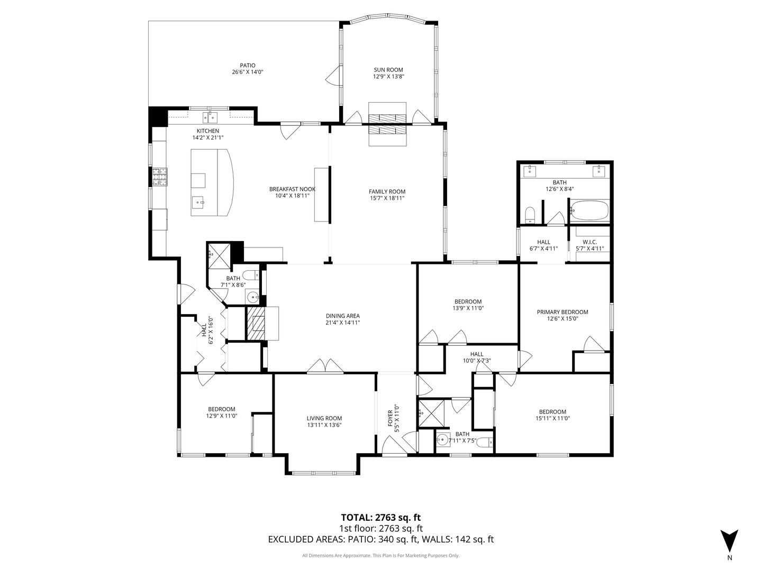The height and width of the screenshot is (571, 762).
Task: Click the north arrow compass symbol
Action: (x=729, y=540)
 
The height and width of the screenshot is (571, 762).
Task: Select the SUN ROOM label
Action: (x=388, y=70)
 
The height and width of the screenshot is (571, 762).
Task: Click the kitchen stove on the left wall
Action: (x=160, y=177)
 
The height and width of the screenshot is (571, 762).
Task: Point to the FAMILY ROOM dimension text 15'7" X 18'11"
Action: (x=387, y=198)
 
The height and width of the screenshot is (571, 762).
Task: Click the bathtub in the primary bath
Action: (x=589, y=211)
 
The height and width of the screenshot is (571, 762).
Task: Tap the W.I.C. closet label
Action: (x=589, y=242)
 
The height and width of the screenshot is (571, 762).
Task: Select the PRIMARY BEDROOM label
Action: (x=563, y=312)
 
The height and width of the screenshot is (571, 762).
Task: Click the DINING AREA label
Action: (x=342, y=316)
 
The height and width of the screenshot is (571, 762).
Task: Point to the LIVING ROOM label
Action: (x=324, y=418)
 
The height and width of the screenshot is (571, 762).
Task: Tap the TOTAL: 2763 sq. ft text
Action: (x=380, y=518)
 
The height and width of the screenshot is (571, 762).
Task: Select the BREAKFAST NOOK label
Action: (x=292, y=189)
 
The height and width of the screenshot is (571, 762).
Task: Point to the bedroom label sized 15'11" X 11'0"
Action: (x=552, y=412)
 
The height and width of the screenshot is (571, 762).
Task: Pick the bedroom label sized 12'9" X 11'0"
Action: (x=221, y=409)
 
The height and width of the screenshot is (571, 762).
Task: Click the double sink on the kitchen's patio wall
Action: (x=210, y=116)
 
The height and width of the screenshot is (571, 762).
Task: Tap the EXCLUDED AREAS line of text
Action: (x=380, y=540)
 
